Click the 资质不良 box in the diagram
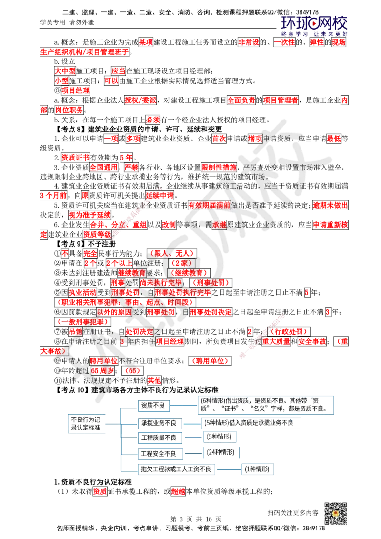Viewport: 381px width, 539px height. (153, 406)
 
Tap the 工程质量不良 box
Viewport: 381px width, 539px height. (153, 437)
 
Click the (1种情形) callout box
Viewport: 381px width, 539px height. (258, 469)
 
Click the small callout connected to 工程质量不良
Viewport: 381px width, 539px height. (221, 436)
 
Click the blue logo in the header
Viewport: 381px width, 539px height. (314, 26)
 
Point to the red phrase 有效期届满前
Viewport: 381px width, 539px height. (209, 205)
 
